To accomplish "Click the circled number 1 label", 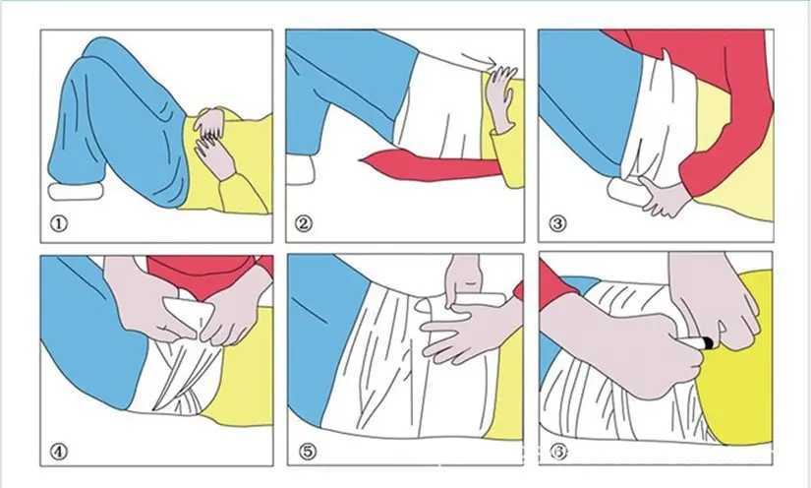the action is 59,224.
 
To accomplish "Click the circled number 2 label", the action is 304,224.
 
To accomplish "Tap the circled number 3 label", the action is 557,224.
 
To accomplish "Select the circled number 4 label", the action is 59,452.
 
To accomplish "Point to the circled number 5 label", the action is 308,452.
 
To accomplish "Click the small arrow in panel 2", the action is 479,58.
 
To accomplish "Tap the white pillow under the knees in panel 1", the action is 76,191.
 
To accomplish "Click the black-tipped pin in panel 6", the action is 695,341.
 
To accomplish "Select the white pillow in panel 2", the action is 300,170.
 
